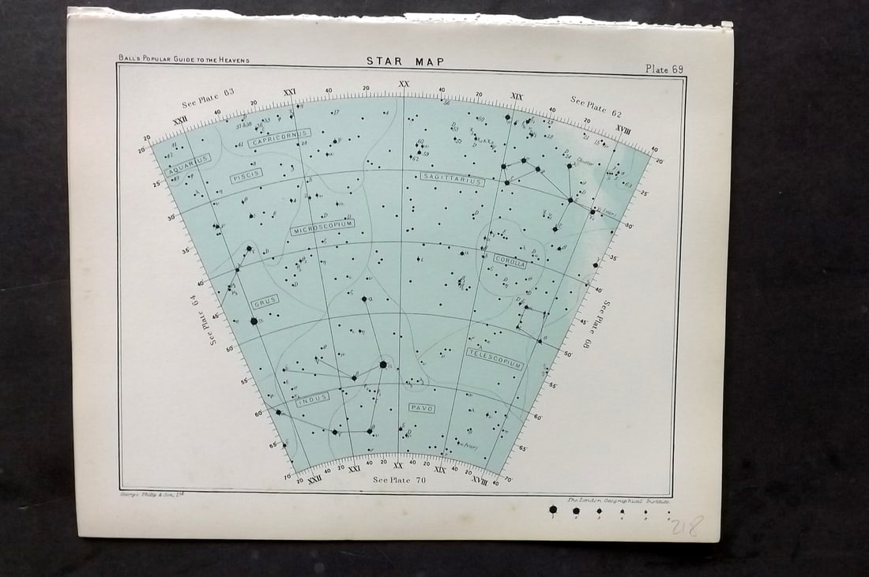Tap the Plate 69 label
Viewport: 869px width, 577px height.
coord(664,69)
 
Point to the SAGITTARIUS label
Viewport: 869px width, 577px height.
coord(452,180)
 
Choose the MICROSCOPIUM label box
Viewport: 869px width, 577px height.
coord(322,227)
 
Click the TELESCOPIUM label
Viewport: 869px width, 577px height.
coord(495,358)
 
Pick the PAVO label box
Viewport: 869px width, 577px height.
coord(421,407)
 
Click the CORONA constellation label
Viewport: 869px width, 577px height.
coord(510,263)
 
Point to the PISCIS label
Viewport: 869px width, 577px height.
coord(246,176)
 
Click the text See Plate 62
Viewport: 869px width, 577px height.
coord(596,107)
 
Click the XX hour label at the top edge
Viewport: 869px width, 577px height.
coord(404,84)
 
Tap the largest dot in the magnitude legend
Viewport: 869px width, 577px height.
coord(553,511)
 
